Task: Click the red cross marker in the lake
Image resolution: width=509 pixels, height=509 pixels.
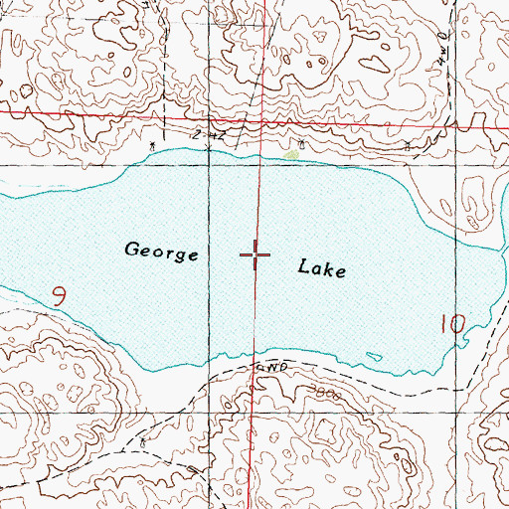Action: [255, 255]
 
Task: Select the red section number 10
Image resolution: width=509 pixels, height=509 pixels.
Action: [451, 323]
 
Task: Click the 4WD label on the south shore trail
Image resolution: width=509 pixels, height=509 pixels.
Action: [271, 367]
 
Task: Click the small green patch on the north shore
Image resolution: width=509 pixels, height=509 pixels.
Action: [291, 154]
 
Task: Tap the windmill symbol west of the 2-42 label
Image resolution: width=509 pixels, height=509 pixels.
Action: [151, 145]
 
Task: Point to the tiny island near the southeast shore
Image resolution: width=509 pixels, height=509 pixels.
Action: [374, 356]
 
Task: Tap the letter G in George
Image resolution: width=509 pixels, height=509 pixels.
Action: [133, 250]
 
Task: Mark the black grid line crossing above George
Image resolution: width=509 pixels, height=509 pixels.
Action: [210, 165]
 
